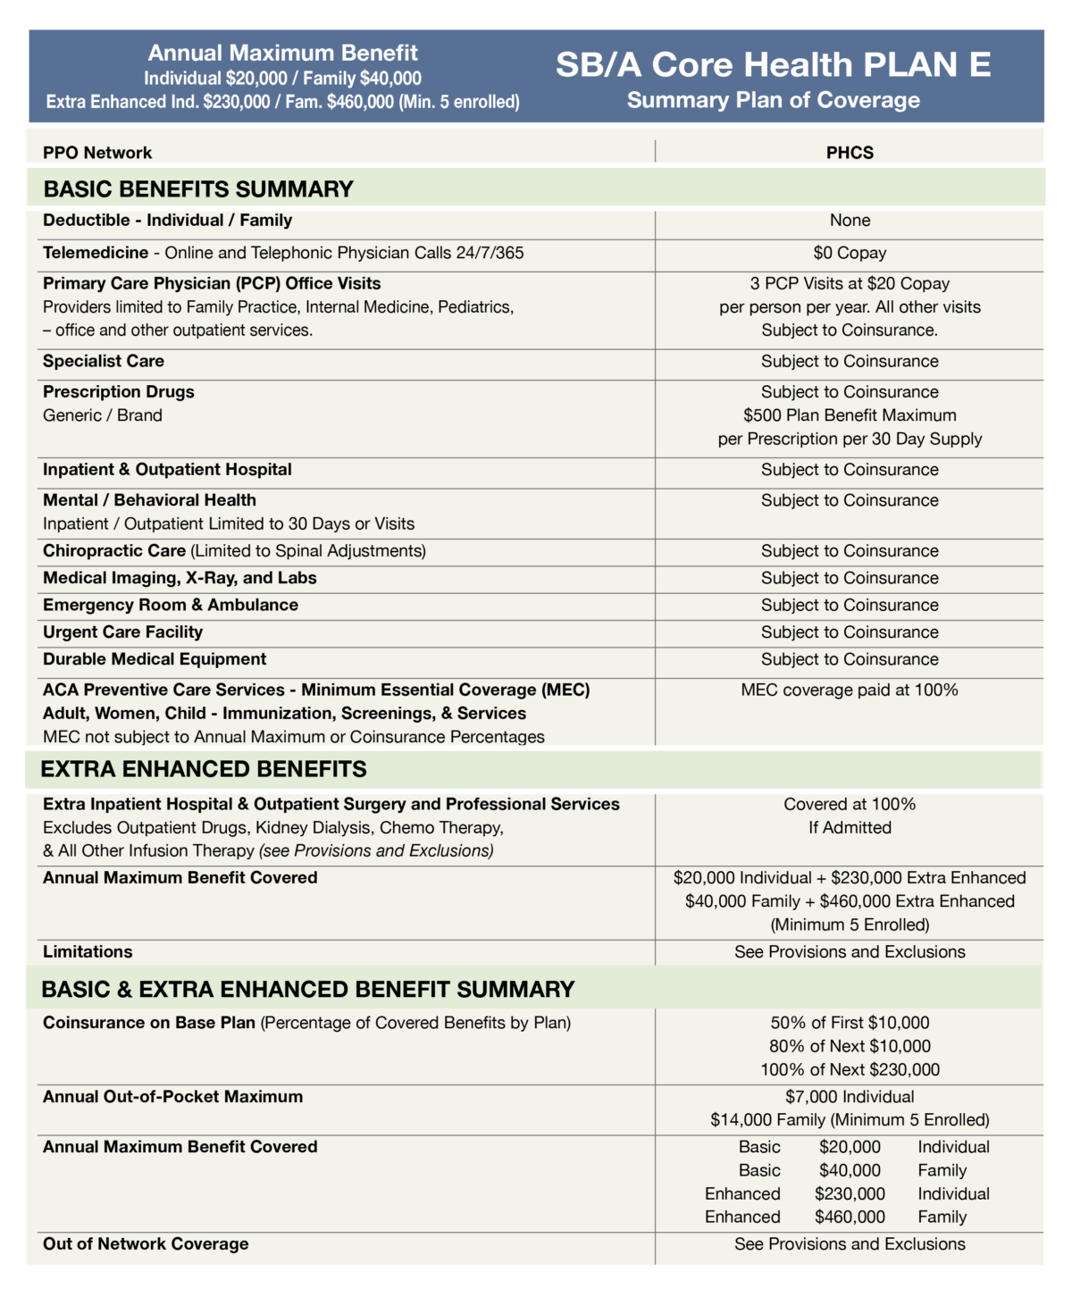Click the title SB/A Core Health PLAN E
click(773, 64)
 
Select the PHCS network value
click(850, 153)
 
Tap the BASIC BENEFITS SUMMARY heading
click(198, 189)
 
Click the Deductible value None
click(850, 221)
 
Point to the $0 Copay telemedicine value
click(850, 253)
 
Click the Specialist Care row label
click(104, 361)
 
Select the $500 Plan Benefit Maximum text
click(850, 415)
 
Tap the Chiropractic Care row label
click(114, 551)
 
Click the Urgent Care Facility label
click(122, 632)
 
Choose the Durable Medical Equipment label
click(155, 659)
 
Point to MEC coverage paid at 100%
click(850, 690)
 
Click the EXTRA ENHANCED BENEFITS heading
click(204, 769)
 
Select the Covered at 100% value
click(850, 804)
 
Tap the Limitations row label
click(88, 952)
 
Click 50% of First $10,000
click(850, 1023)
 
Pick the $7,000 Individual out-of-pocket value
click(850, 1097)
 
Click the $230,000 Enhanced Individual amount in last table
click(850, 1194)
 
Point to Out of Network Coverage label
click(146, 1244)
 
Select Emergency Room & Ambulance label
click(171, 606)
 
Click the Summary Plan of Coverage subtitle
click(773, 100)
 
